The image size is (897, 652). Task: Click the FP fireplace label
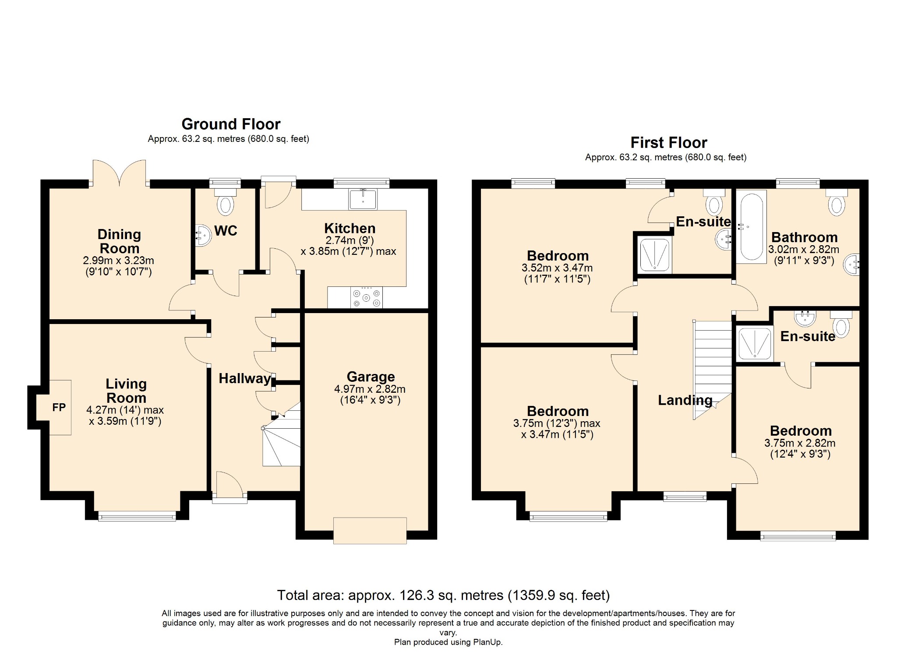coord(59,408)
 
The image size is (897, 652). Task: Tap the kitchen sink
coord(363,199)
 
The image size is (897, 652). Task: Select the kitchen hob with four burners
coord(366,297)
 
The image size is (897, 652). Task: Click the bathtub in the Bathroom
coord(751,226)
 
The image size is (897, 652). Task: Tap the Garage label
coord(371,377)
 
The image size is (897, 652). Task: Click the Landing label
coord(685,400)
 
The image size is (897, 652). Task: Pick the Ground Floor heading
coord(231,124)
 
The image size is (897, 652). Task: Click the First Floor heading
coord(669,143)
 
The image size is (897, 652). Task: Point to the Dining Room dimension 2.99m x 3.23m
coord(119,260)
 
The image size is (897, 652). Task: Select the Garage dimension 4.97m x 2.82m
coord(370,389)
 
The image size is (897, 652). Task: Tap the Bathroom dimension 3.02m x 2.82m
coord(804,250)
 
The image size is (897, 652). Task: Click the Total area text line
coord(443,595)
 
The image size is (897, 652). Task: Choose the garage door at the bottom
coord(370,531)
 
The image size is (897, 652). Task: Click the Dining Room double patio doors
coord(119,174)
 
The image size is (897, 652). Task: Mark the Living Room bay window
coord(137,517)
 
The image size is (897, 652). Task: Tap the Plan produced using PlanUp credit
coord(448,642)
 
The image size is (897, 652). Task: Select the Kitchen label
coord(350,229)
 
